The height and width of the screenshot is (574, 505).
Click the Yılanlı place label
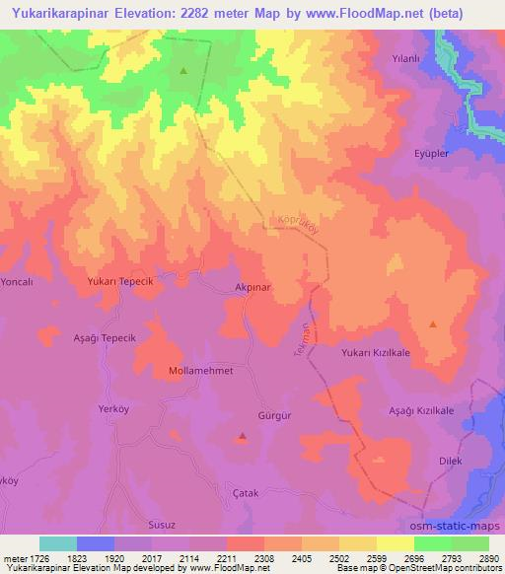pos(408,58)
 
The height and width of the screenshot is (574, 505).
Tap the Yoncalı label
pos(19,280)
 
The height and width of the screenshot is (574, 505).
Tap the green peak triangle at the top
pos(183,71)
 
